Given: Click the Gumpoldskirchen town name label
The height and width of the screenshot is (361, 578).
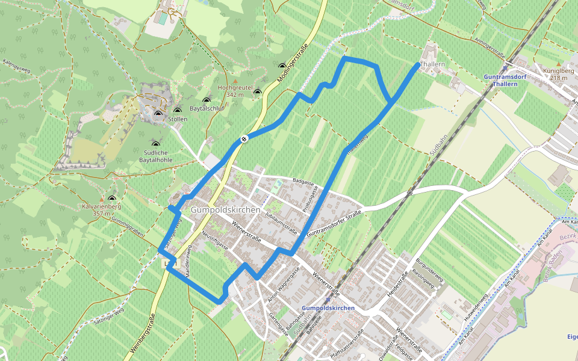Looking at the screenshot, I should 226,210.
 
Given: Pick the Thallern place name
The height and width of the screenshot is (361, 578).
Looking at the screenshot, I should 433,64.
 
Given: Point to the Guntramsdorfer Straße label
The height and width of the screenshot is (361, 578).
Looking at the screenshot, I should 334,223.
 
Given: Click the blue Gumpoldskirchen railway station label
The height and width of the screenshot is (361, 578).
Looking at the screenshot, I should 327,307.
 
